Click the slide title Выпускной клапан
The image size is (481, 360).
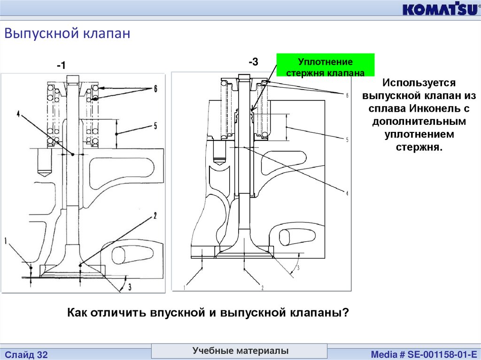tap(67, 34)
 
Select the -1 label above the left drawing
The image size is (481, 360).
tap(61, 66)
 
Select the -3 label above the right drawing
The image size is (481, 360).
tap(254, 61)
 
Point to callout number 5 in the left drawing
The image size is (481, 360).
tap(155, 126)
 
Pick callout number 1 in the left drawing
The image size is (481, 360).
tap(6, 241)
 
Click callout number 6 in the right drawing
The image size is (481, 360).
tap(347, 95)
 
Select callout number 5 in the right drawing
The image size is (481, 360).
tap(347, 139)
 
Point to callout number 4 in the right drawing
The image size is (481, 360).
tap(347, 193)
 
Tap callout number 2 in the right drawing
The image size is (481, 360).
tap(263, 287)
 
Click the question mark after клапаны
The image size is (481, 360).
tap(346, 313)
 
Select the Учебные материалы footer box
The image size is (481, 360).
tap(240, 351)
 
